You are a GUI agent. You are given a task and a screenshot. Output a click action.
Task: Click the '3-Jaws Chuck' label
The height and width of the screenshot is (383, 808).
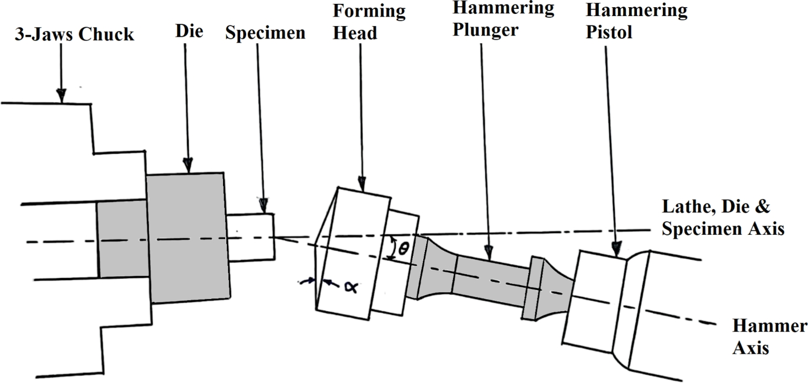(x=75, y=35)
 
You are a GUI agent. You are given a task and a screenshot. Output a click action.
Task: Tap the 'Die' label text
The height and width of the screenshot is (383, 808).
(x=189, y=31)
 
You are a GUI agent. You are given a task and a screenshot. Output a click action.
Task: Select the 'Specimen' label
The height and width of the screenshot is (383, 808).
(x=265, y=33)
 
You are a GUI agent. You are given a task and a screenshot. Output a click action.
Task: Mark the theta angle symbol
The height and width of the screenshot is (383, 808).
(x=403, y=249)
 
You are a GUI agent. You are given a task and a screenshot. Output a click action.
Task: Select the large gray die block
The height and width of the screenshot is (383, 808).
(x=188, y=238)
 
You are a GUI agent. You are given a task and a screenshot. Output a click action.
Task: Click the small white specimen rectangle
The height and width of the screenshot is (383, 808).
(x=251, y=238)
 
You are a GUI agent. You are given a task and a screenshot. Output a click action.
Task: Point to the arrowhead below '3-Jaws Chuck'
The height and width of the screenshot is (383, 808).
(x=61, y=97)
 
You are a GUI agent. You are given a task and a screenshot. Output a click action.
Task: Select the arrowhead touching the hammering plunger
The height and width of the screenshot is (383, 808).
(x=489, y=253)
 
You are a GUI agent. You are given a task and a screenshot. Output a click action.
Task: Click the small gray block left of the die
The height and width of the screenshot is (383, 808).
(x=121, y=239)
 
